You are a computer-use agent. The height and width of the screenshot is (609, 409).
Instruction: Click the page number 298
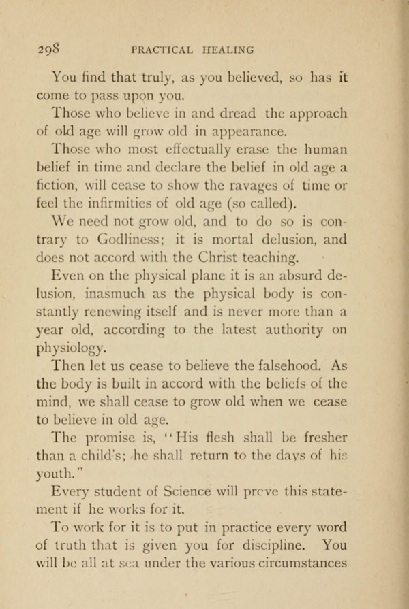point(49,49)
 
